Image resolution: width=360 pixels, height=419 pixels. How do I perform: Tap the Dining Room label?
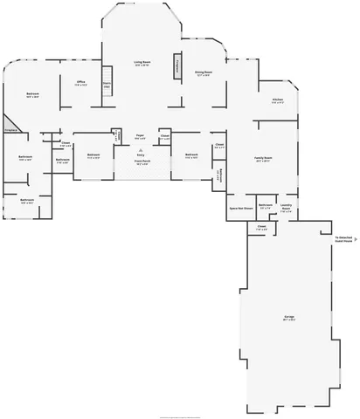click(x=204, y=72)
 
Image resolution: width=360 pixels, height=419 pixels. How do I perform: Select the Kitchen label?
click(x=277, y=100)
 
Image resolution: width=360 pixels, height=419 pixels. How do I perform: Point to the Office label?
click(x=80, y=82)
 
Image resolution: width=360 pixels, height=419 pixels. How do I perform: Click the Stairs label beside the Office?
click(x=107, y=86)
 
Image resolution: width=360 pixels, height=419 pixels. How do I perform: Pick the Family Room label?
click(x=263, y=158)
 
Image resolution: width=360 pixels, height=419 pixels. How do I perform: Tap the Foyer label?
click(x=140, y=136)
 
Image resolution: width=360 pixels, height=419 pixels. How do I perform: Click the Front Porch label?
click(x=142, y=161)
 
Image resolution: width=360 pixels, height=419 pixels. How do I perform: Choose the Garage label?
click(x=288, y=318)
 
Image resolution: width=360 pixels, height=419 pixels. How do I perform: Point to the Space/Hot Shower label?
click(x=241, y=209)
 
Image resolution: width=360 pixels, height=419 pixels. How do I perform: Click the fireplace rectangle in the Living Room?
click(x=177, y=65)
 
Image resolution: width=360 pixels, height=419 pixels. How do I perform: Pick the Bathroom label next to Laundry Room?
click(x=266, y=205)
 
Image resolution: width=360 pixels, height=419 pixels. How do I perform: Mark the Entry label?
click(x=140, y=154)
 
